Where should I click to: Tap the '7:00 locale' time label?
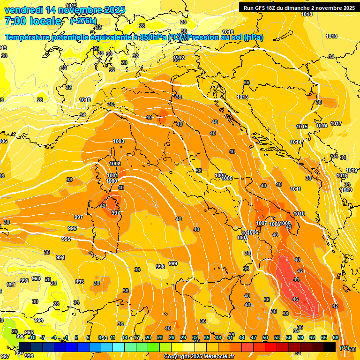(x=32, y=21)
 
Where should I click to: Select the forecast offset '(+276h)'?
(x=84, y=21)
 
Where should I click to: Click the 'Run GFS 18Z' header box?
(x=299, y=8)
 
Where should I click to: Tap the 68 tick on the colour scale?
(x=336, y=337)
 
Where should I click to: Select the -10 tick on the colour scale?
(x=31, y=337)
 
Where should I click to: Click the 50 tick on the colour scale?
(x=265, y=337)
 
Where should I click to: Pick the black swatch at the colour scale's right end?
(x=330, y=347)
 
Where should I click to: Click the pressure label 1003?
(x=119, y=141)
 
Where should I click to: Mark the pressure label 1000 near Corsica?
(x=112, y=181)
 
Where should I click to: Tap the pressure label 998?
(x=160, y=266)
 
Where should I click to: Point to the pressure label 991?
(x=11, y=285)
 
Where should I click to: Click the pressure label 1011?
(x=295, y=189)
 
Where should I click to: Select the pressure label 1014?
(x=295, y=142)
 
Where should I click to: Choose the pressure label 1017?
(x=336, y=123)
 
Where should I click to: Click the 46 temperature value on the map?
(x=295, y=299)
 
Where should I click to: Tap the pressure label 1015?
(x=302, y=127)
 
